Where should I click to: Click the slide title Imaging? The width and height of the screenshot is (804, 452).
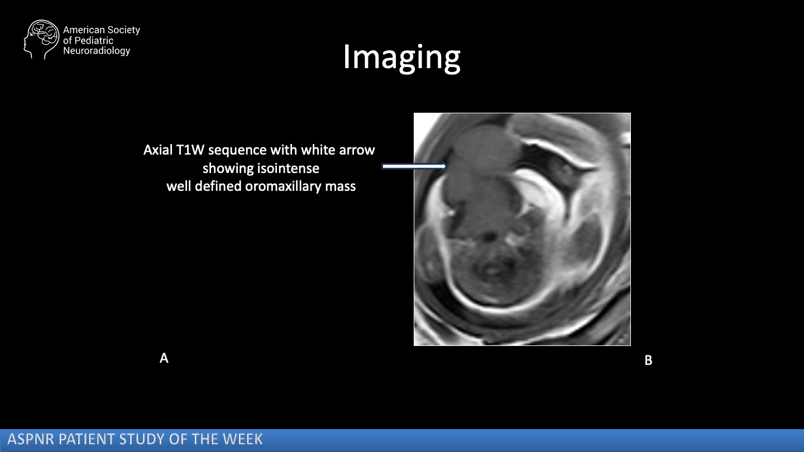401,58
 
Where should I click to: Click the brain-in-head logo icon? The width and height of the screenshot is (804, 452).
41,39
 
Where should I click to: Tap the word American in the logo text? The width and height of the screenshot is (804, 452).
84,30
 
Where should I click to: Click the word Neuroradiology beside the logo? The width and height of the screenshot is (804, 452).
97,51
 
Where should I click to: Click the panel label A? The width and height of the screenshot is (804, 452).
164,358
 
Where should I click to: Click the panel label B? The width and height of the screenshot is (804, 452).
648,360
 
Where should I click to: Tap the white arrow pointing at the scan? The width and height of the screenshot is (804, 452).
414,166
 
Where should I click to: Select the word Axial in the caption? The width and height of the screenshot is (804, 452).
158,150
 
